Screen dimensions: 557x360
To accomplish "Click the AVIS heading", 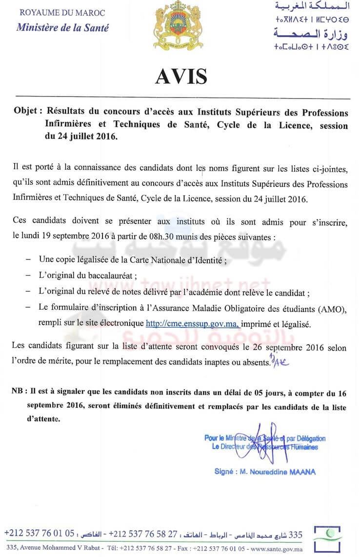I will (181, 77).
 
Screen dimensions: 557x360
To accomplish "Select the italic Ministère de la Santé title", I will (62, 27).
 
